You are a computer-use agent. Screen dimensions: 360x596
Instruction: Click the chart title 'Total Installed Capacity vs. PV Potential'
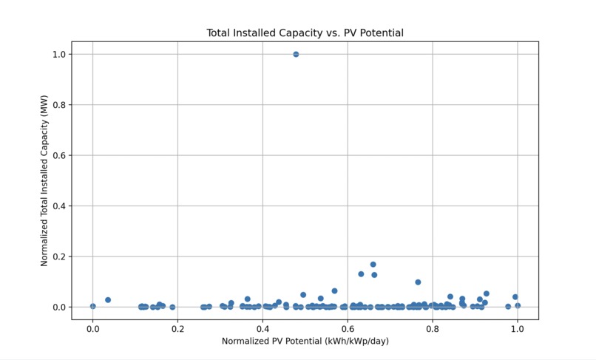click(305, 33)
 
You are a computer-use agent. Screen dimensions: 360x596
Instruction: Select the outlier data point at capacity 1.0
click(296, 54)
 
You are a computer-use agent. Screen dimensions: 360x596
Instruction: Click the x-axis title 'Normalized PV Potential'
click(305, 341)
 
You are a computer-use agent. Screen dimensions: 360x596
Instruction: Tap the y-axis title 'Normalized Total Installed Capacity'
click(44, 180)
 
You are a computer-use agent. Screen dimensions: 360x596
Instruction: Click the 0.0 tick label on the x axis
click(92, 327)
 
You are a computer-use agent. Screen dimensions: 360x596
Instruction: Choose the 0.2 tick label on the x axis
click(177, 327)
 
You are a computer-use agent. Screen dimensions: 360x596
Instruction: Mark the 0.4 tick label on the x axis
click(263, 327)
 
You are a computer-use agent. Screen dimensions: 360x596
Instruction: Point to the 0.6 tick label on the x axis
click(348, 327)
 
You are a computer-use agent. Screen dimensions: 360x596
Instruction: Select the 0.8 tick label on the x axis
click(433, 327)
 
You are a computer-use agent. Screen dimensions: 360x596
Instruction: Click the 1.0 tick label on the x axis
click(518, 327)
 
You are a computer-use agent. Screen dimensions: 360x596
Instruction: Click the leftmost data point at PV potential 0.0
click(92, 306)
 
